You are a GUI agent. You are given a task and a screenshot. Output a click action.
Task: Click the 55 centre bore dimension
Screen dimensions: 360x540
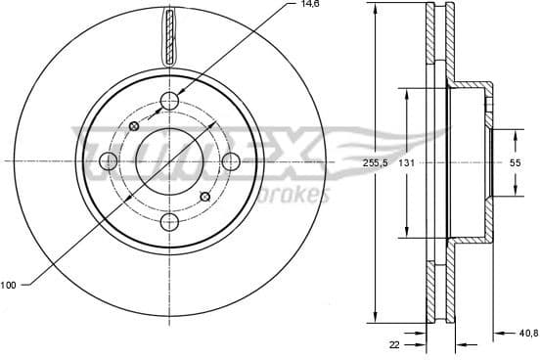pyautogui.click(x=514, y=163)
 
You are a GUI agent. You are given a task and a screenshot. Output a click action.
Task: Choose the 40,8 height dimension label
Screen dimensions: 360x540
pyautogui.click(x=528, y=333)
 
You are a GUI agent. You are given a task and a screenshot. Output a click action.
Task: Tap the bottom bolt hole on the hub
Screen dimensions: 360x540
pyautogui.click(x=170, y=221)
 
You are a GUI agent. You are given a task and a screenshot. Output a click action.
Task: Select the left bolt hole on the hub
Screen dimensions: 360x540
pyautogui.click(x=110, y=159)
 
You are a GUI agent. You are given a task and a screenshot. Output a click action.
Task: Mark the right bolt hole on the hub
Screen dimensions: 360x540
pyautogui.click(x=231, y=159)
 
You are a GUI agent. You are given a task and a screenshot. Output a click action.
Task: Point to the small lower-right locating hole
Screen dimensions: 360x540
pyautogui.click(x=205, y=197)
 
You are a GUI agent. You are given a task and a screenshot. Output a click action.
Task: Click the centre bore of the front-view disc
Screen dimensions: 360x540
pyautogui.click(x=170, y=159)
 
